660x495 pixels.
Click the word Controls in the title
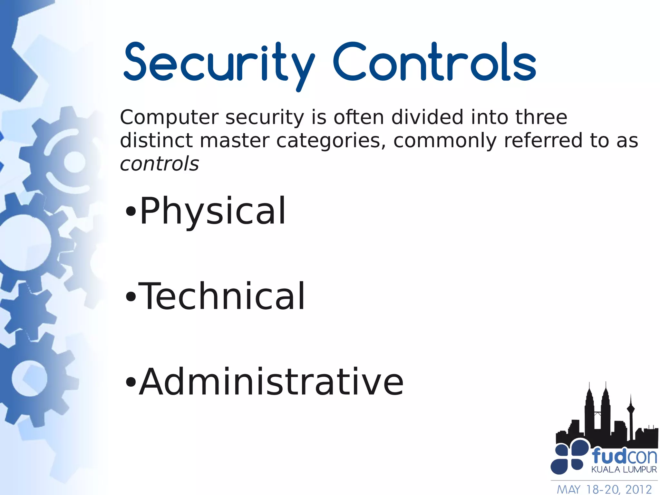pos(434,62)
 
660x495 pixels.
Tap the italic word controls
pos(159,164)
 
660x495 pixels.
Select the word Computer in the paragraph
pos(169,117)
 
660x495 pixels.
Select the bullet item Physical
pos(213,211)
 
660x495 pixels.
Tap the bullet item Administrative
pos(271,382)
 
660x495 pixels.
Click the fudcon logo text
pos(624,456)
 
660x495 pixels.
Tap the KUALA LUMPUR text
pos(624,470)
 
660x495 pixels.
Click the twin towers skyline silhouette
pos(598,416)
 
